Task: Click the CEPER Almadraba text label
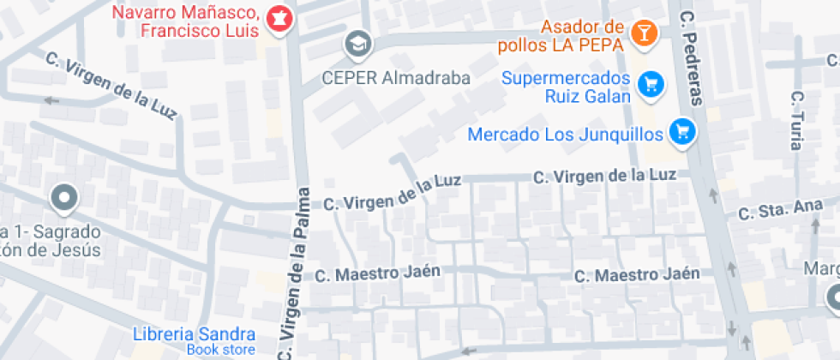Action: pos(396,78)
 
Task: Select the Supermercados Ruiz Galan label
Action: pos(566,87)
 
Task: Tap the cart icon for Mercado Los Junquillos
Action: pos(683,131)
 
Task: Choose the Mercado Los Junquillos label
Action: pos(566,135)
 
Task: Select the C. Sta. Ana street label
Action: pos(773,210)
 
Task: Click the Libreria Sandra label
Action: pos(195,333)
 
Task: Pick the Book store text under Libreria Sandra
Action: pos(220,350)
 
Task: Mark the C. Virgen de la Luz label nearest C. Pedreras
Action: pos(604,176)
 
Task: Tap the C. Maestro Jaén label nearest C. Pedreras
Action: pos(637,275)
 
